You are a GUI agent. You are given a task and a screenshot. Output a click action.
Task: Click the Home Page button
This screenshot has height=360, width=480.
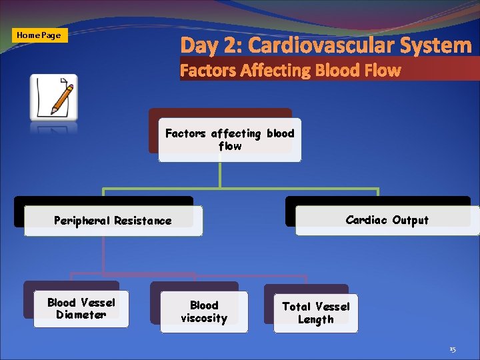click(x=39, y=35)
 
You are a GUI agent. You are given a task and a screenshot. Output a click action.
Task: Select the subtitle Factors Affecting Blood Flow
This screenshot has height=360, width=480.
click(x=291, y=70)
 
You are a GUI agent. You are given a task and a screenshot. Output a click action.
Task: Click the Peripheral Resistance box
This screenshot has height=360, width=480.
click(x=113, y=221)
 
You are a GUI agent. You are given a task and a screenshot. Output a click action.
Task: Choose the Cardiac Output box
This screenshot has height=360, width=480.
click(x=387, y=220)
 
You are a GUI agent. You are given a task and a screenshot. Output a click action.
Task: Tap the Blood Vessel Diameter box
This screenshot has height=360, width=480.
click(x=81, y=309)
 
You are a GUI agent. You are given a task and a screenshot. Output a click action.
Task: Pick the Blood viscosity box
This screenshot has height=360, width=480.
click(x=204, y=312)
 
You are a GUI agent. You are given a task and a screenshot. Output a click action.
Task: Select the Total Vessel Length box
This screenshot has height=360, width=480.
click(x=315, y=313)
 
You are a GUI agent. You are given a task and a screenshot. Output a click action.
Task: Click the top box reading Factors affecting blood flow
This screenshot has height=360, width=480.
click(x=229, y=139)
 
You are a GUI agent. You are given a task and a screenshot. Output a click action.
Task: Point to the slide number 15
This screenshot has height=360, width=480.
click(x=453, y=349)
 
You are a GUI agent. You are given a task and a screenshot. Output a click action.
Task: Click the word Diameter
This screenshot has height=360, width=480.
click(x=81, y=315)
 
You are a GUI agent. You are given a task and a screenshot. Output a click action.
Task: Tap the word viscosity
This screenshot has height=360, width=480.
click(x=204, y=319)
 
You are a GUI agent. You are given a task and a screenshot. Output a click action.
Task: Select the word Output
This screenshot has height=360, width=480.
click(x=410, y=220)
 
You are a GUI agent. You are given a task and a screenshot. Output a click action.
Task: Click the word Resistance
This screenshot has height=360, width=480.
click(x=143, y=221)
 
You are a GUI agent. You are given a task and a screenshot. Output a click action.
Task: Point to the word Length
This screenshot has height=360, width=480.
click(x=315, y=320)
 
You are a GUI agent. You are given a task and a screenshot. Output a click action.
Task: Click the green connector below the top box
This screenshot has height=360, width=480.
click(x=220, y=175)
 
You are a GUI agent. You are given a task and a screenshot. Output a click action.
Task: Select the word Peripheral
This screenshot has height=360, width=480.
click(x=83, y=221)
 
